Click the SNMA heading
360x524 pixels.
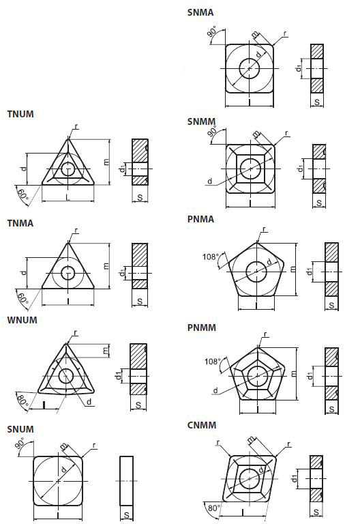click(x=200, y=12)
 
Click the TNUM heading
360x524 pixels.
click(x=20, y=114)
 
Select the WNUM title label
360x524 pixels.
click(x=22, y=320)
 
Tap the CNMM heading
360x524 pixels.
click(x=202, y=425)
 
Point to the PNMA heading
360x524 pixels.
click(x=200, y=219)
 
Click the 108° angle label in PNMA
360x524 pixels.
click(x=211, y=257)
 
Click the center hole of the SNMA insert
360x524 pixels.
click(x=250, y=68)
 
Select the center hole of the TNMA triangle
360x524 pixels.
click(x=68, y=273)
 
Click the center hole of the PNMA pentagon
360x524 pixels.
click(x=256, y=272)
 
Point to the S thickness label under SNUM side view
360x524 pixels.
click(x=127, y=515)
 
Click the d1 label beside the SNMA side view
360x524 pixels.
click(x=299, y=68)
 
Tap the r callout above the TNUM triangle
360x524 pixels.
click(x=76, y=126)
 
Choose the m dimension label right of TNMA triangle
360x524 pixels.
click(x=106, y=266)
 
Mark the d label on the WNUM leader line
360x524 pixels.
click(x=89, y=401)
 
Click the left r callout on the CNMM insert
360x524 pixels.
click(x=218, y=442)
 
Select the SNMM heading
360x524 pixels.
click(x=201, y=121)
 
